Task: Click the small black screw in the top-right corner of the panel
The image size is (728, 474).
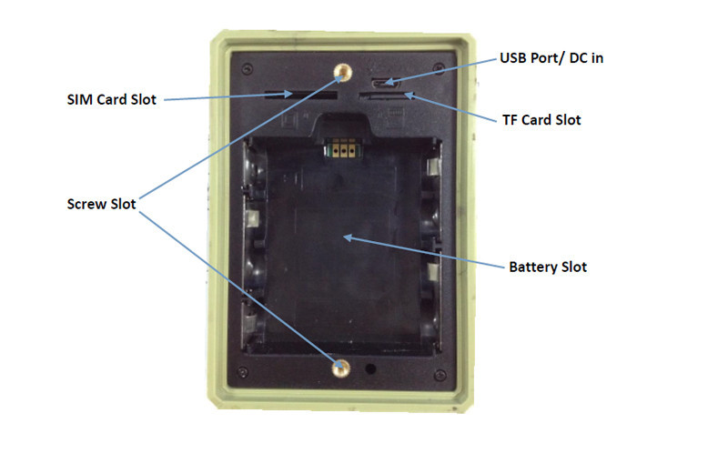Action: pyautogui.click(x=440, y=66)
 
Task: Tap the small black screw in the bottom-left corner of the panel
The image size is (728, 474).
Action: pyautogui.click(x=245, y=370)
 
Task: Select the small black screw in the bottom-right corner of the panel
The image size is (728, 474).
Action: pyautogui.click(x=440, y=370)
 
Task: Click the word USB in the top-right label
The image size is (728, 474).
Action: pyautogui.click(x=514, y=58)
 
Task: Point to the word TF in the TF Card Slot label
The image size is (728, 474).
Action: pyautogui.click(x=511, y=119)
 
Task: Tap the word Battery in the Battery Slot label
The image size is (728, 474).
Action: pyautogui.click(x=531, y=267)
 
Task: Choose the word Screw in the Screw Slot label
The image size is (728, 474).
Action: pyautogui.click(x=87, y=204)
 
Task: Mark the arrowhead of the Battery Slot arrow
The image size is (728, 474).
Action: pyautogui.click(x=341, y=237)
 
